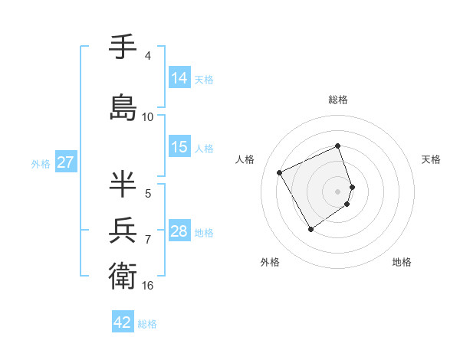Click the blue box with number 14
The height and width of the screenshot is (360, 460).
179,78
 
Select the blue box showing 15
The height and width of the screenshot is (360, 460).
179,147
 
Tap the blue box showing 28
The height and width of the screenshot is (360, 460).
179,231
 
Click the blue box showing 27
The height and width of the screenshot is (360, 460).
65,162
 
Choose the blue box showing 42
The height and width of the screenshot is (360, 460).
123,322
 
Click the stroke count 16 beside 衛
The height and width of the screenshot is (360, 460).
148,286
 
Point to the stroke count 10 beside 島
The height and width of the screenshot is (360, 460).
148,117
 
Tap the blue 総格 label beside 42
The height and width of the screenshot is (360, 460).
147,324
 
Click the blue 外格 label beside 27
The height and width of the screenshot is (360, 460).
41,164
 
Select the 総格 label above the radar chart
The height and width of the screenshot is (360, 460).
338,100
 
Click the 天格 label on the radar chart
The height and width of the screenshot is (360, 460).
431,159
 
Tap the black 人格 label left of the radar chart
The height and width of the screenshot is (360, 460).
245,159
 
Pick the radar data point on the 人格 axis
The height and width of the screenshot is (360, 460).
280,172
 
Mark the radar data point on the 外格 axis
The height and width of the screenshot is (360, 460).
310,229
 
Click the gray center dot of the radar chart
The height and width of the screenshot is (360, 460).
338,191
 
